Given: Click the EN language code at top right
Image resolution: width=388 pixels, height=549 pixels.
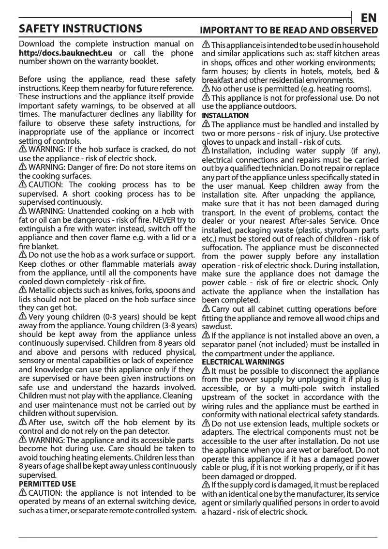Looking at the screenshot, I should pyautogui.click(x=369, y=18).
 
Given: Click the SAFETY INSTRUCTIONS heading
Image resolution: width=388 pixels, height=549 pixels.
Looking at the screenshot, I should pyautogui.click(x=80, y=29).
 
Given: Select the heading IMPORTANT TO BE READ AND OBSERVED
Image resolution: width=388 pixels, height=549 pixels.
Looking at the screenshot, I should pyautogui.click(x=289, y=30).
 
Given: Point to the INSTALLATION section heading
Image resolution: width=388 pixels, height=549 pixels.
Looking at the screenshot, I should pyautogui.click(x=225, y=116).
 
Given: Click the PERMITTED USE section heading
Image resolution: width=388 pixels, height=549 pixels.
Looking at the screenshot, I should pyautogui.click(x=47, y=484).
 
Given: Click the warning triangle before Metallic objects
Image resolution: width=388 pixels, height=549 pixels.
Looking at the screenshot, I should pyautogui.click(x=23, y=290).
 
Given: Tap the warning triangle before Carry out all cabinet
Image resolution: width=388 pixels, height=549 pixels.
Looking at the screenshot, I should pyautogui.click(x=206, y=309).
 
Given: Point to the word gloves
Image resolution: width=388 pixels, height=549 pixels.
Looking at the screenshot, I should pyautogui.click(x=213, y=142).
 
